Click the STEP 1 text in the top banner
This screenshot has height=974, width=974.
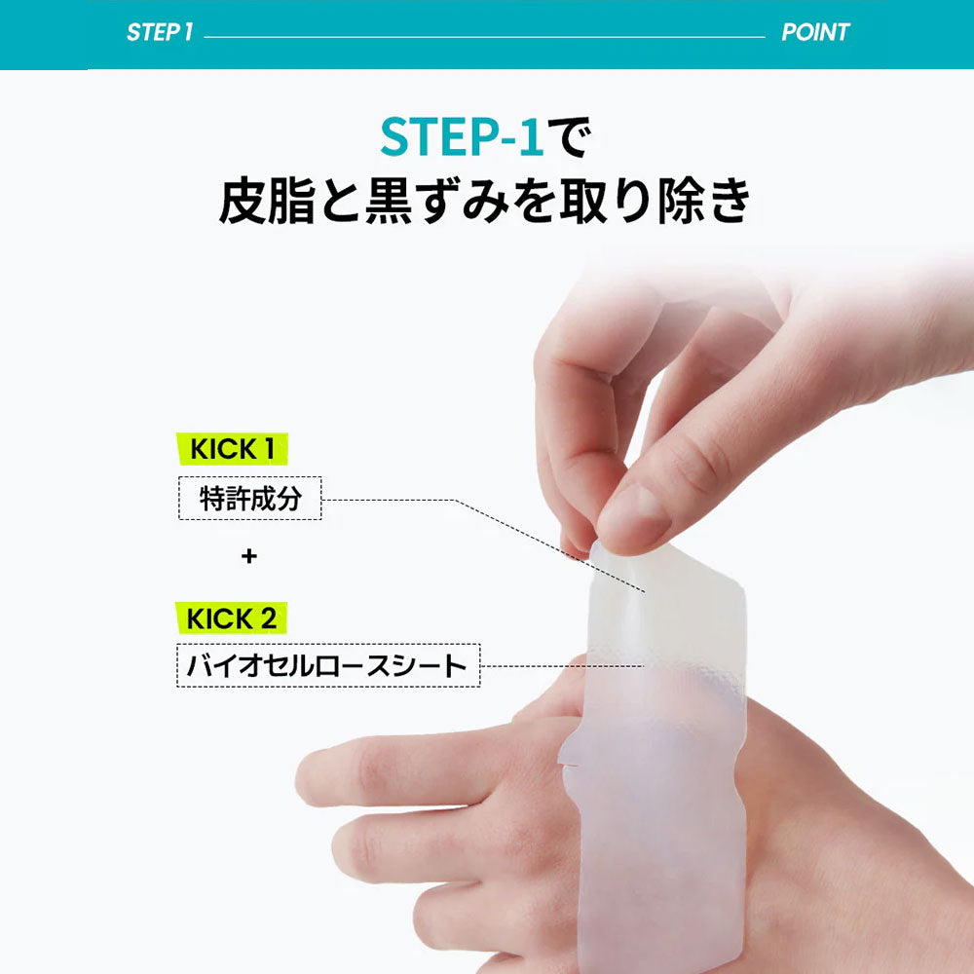point(160,32)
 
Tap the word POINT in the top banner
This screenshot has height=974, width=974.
point(815,32)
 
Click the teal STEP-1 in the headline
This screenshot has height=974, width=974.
point(462,136)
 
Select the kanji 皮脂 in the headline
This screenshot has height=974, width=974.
point(267,201)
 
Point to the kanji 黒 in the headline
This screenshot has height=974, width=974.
point(389,201)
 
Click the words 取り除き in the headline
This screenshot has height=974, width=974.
point(656,201)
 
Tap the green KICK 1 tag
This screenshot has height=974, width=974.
point(233,448)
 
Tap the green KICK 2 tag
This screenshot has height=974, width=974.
point(231,618)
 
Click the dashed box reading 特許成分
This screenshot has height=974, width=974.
point(249,498)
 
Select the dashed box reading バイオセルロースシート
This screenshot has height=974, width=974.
point(328,665)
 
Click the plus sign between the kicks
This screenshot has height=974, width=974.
point(249,555)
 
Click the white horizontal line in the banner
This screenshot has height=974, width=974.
point(484,37)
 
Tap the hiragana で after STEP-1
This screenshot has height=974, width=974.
point(569,136)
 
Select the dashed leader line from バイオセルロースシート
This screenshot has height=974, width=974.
point(562,666)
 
